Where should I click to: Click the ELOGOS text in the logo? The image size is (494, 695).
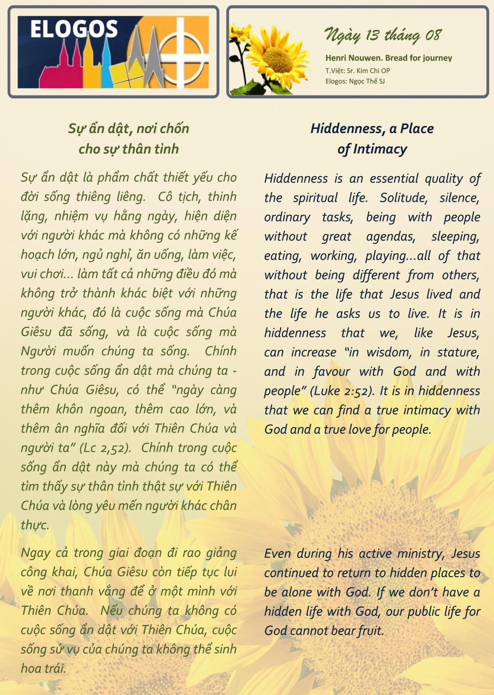coord(74,29)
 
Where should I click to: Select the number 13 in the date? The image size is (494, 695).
coord(372,35)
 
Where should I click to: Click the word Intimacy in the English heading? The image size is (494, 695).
coord(380,149)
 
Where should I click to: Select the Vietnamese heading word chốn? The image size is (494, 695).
coord(174,128)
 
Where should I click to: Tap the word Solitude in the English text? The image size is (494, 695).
coord(403,198)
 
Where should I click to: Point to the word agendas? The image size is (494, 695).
coord(390,236)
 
